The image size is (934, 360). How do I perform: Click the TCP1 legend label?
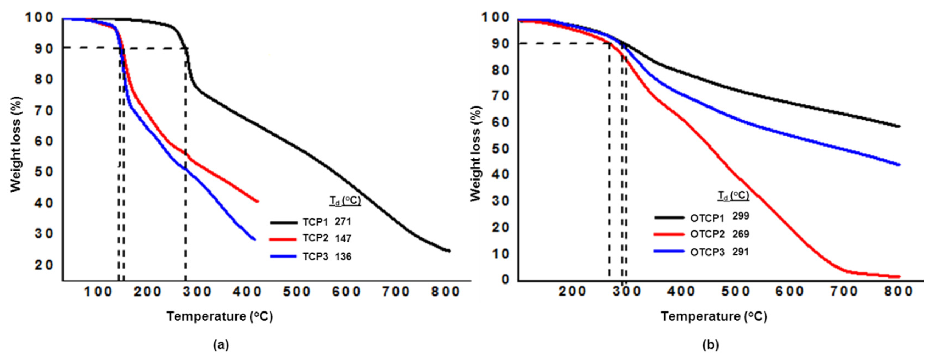(315, 222)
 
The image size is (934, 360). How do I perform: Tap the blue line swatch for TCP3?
(284, 256)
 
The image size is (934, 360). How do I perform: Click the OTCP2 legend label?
(707, 234)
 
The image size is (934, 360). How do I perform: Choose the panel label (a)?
(221, 344)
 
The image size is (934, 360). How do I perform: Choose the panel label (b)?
(710, 344)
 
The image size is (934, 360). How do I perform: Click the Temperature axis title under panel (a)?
(219, 316)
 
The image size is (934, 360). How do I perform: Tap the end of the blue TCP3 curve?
(255, 239)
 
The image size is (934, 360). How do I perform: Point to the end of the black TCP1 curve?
(449, 251)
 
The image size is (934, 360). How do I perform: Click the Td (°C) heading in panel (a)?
(345, 201)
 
